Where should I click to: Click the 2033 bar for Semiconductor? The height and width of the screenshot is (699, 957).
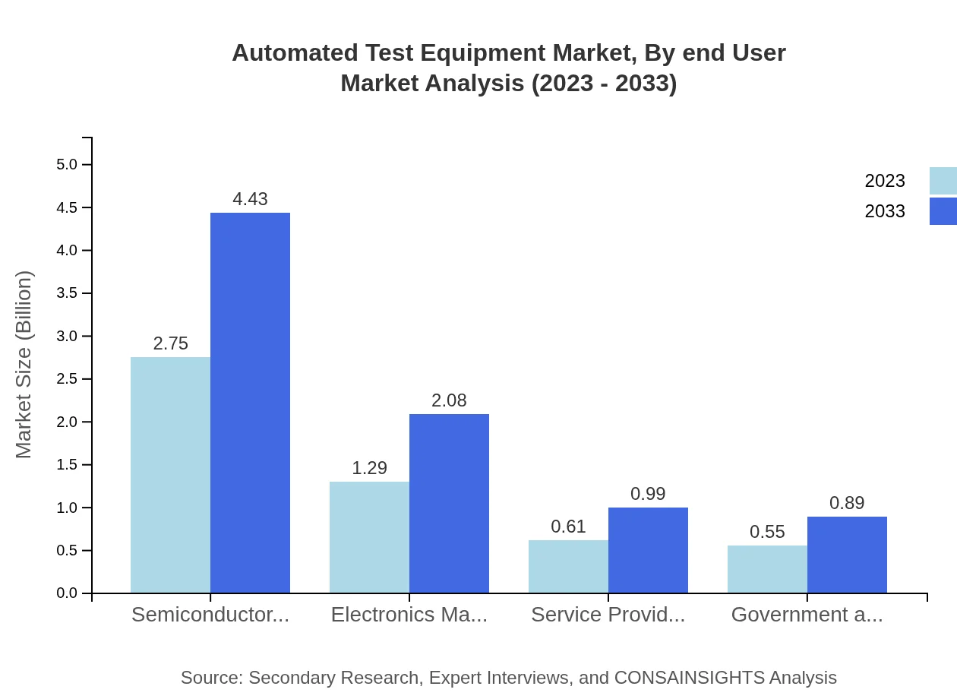[x=250, y=403]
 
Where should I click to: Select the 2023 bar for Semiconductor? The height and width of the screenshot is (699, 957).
[x=170, y=475]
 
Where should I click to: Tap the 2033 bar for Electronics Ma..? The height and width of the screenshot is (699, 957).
[x=449, y=503]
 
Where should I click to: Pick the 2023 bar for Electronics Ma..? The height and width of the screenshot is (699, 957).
[x=369, y=537]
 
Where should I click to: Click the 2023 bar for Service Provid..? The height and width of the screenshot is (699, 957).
[x=568, y=566]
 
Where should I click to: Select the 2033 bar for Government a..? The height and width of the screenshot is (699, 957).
[x=847, y=555]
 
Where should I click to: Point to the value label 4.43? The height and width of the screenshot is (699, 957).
[x=250, y=199]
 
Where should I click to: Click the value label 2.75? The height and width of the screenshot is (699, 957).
[x=170, y=343]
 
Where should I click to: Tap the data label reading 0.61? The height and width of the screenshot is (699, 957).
[x=568, y=527]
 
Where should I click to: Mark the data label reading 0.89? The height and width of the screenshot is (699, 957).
[x=847, y=503]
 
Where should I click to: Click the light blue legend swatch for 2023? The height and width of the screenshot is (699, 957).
[x=943, y=181]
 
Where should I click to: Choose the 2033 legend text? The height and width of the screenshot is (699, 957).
[x=885, y=211]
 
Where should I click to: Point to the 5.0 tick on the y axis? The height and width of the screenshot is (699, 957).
[x=67, y=165]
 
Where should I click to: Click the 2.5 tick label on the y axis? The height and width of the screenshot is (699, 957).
[x=67, y=379]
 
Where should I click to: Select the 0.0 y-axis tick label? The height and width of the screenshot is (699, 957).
[x=67, y=593]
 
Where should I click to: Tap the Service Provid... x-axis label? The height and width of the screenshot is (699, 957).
[x=608, y=615]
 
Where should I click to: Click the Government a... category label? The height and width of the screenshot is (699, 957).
[x=807, y=615]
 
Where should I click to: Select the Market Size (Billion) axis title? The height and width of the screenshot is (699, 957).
[x=24, y=365]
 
